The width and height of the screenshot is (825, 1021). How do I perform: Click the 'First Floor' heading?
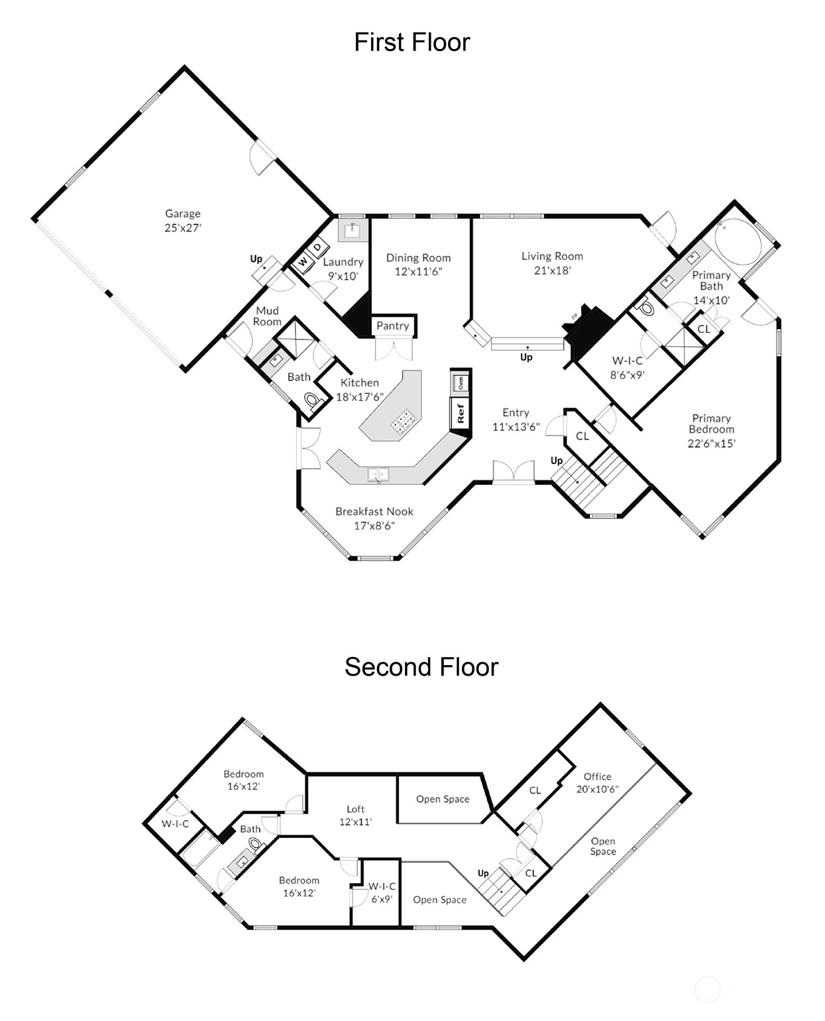412,42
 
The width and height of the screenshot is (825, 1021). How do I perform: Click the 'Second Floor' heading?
421,667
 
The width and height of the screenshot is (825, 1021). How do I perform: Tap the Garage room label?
182,213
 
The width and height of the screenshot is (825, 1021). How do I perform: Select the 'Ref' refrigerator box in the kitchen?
461,413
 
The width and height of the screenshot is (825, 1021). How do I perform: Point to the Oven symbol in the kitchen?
460,383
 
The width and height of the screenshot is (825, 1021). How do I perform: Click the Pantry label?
392,326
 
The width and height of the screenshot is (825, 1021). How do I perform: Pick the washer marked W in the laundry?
303,263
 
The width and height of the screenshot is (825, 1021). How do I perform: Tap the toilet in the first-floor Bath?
312,400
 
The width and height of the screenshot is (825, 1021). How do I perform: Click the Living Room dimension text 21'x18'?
553,270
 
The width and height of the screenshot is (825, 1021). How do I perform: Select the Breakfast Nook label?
374,511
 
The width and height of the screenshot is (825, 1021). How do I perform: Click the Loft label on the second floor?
355,809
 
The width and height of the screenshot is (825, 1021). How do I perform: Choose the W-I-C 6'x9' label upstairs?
382,893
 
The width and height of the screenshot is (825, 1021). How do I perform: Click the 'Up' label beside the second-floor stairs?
483,873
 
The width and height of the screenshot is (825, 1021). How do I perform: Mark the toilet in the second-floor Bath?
255,843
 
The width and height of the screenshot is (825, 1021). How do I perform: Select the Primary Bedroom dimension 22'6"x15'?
712,444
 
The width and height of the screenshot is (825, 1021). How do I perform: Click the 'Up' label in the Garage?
256,259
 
